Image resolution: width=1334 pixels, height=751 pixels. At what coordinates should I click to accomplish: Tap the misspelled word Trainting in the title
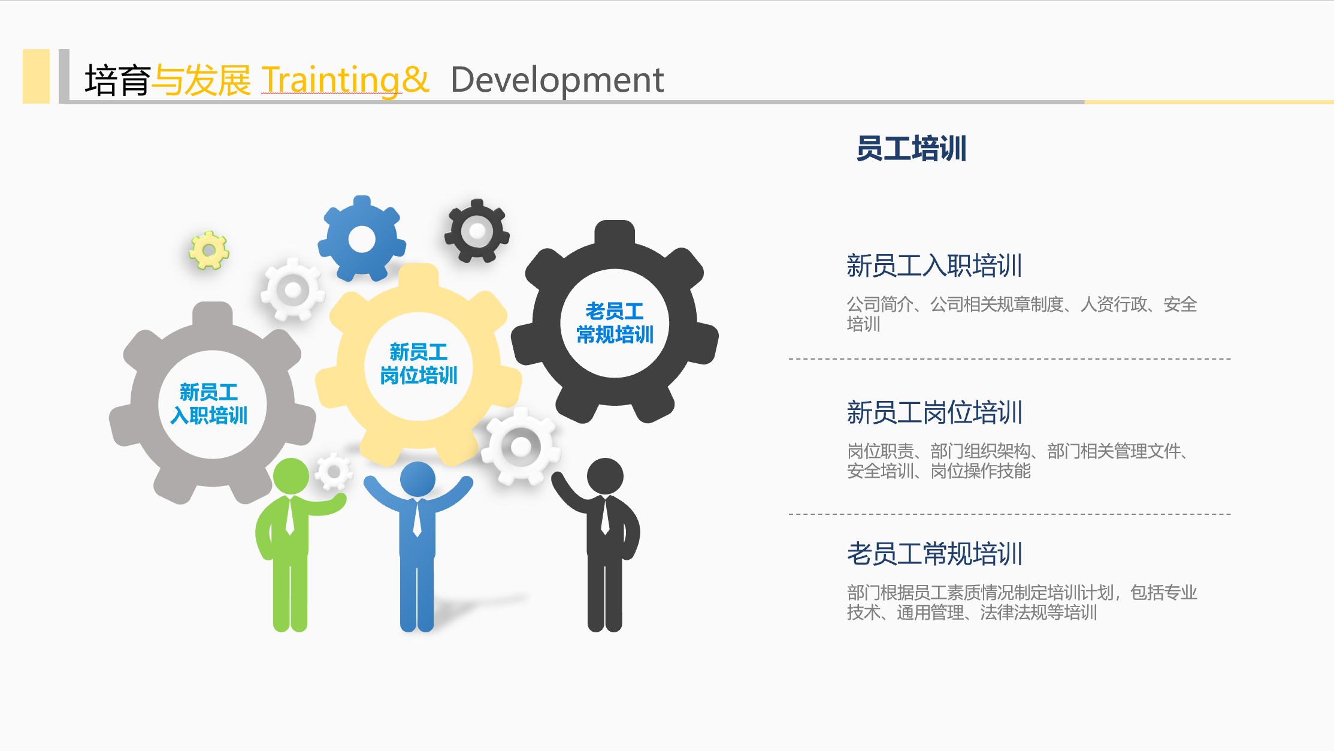coord(330,80)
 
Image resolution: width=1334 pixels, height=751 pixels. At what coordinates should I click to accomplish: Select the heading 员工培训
coord(911,149)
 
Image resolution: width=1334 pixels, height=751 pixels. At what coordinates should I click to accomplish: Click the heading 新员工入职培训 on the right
coord(934,266)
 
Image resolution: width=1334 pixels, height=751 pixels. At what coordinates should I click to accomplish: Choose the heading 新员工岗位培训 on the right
coord(934,412)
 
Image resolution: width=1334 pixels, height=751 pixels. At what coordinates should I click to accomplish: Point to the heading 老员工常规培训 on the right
coord(934,553)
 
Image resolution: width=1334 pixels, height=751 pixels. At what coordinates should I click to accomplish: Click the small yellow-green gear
coord(208,250)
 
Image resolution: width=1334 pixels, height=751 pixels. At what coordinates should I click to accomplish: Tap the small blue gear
coord(362,239)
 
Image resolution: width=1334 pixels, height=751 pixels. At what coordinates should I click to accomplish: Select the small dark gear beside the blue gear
coord(477,231)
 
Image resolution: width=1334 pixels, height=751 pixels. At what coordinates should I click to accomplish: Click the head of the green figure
coord(291,476)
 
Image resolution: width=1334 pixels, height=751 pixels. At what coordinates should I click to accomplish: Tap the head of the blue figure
coord(418,479)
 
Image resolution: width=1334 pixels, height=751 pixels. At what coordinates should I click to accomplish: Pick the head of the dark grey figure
coord(605,476)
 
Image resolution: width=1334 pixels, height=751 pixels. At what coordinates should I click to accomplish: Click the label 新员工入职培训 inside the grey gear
coord(209,404)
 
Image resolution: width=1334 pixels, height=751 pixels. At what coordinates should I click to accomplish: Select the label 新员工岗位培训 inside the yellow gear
coord(419,364)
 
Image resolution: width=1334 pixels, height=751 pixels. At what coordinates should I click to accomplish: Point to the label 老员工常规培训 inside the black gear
coord(615,323)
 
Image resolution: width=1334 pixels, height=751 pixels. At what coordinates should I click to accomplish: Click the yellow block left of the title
coord(36,76)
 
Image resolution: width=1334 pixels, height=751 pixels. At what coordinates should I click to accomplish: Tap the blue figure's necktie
coord(417,518)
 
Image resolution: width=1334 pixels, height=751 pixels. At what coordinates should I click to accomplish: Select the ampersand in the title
coord(416,80)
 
